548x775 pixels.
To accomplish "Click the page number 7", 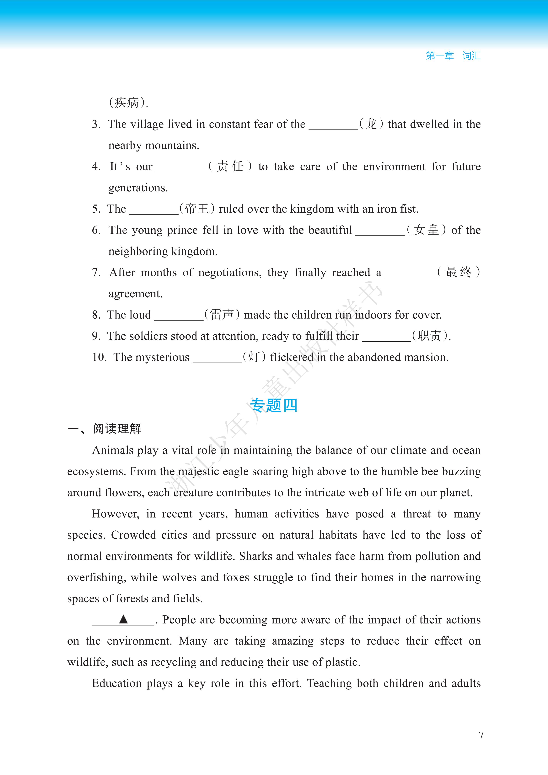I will point(481,735).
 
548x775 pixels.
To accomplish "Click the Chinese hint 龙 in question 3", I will point(371,124).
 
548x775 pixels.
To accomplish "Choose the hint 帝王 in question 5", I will point(197,209).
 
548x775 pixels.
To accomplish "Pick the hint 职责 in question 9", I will point(429,336).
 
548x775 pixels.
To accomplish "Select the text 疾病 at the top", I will point(127,103).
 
